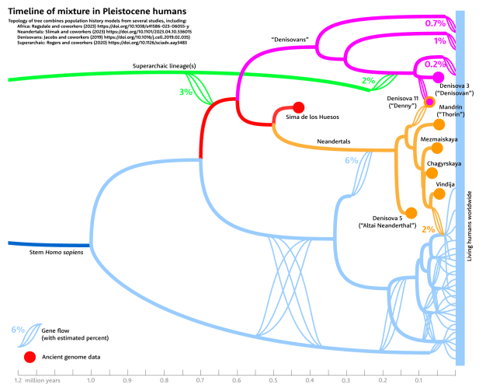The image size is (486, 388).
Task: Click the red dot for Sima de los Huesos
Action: point(298,107)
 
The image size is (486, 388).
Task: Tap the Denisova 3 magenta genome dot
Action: point(438,75)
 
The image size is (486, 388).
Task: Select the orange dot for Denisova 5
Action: point(411,211)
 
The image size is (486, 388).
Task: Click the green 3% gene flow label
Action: point(186,93)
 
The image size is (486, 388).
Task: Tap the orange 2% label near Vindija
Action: point(428,229)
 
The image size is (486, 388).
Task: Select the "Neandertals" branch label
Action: point(334,141)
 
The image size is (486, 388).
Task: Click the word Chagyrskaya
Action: point(444,164)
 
